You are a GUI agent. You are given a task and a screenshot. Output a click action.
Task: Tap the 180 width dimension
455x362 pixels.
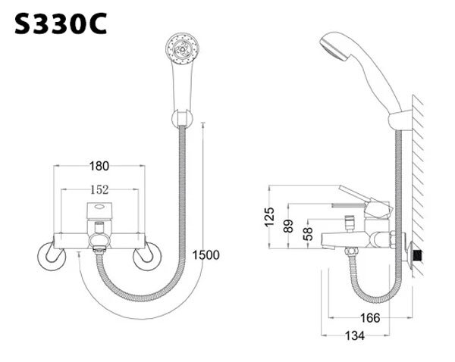click(99, 166)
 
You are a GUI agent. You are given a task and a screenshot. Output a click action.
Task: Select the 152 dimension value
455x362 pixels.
click(99, 191)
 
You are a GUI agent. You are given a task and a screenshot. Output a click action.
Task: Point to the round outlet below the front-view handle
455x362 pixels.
click(99, 242)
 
